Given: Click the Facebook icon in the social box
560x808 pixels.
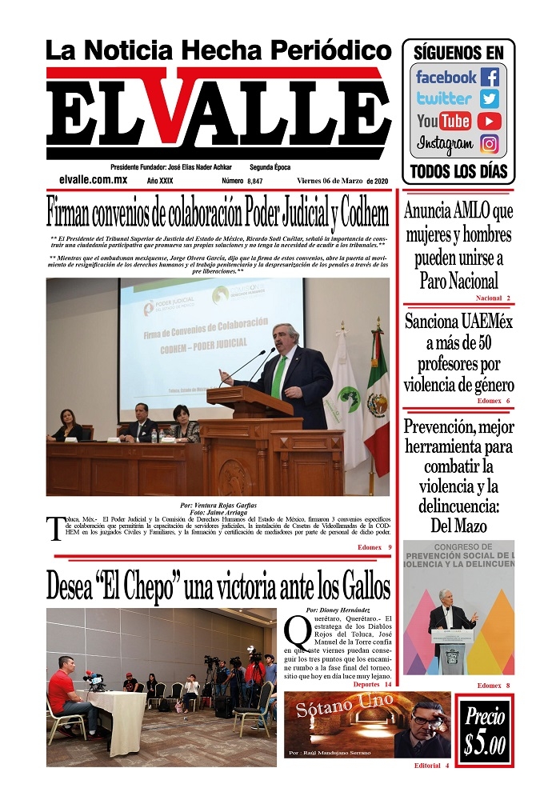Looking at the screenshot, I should pyautogui.click(x=490, y=78).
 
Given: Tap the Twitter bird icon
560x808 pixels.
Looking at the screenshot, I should pyautogui.click(x=490, y=99).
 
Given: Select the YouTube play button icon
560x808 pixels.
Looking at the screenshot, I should pyautogui.click(x=490, y=122).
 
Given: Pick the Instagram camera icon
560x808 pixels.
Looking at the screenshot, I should pyautogui.click(x=490, y=145).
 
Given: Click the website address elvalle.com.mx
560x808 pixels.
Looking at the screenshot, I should pyautogui.click(x=94, y=181).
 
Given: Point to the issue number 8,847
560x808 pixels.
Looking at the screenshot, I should pyautogui.click(x=255, y=182).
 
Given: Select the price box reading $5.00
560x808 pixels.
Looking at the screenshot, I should pyautogui.click(x=485, y=731).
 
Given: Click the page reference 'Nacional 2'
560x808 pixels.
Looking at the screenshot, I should pyautogui.click(x=493, y=298).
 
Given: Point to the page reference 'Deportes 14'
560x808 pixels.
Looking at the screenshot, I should pyautogui.click(x=372, y=685).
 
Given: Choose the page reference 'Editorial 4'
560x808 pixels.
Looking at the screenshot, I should pyautogui.click(x=431, y=766).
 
